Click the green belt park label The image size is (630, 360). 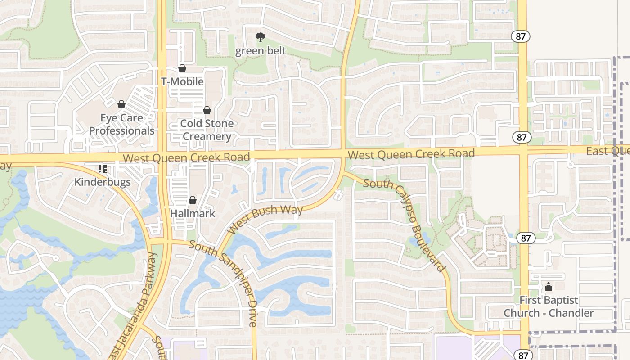coord(261,50)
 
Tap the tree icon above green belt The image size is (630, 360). coord(260,37)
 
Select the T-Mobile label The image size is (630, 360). coord(182,81)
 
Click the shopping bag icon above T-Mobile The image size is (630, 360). coord(182,68)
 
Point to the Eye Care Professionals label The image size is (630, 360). coord(121,124)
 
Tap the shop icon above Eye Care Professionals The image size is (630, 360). coord(121,104)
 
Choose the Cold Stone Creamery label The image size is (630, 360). coord(207,130)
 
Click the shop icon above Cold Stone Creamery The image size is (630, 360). coord(207,110)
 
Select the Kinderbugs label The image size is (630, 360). coord(103,182)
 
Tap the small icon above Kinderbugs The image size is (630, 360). coord(103,169)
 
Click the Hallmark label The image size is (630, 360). coord(193,213)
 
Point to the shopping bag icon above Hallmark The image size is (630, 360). coord(193,200)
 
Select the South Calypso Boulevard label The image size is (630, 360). coord(404,225)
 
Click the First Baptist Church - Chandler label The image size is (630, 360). coord(549,306)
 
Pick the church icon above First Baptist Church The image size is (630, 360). coord(549,287)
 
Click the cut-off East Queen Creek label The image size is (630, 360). coord(607,151)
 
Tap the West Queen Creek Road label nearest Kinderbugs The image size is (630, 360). coord(186,157)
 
